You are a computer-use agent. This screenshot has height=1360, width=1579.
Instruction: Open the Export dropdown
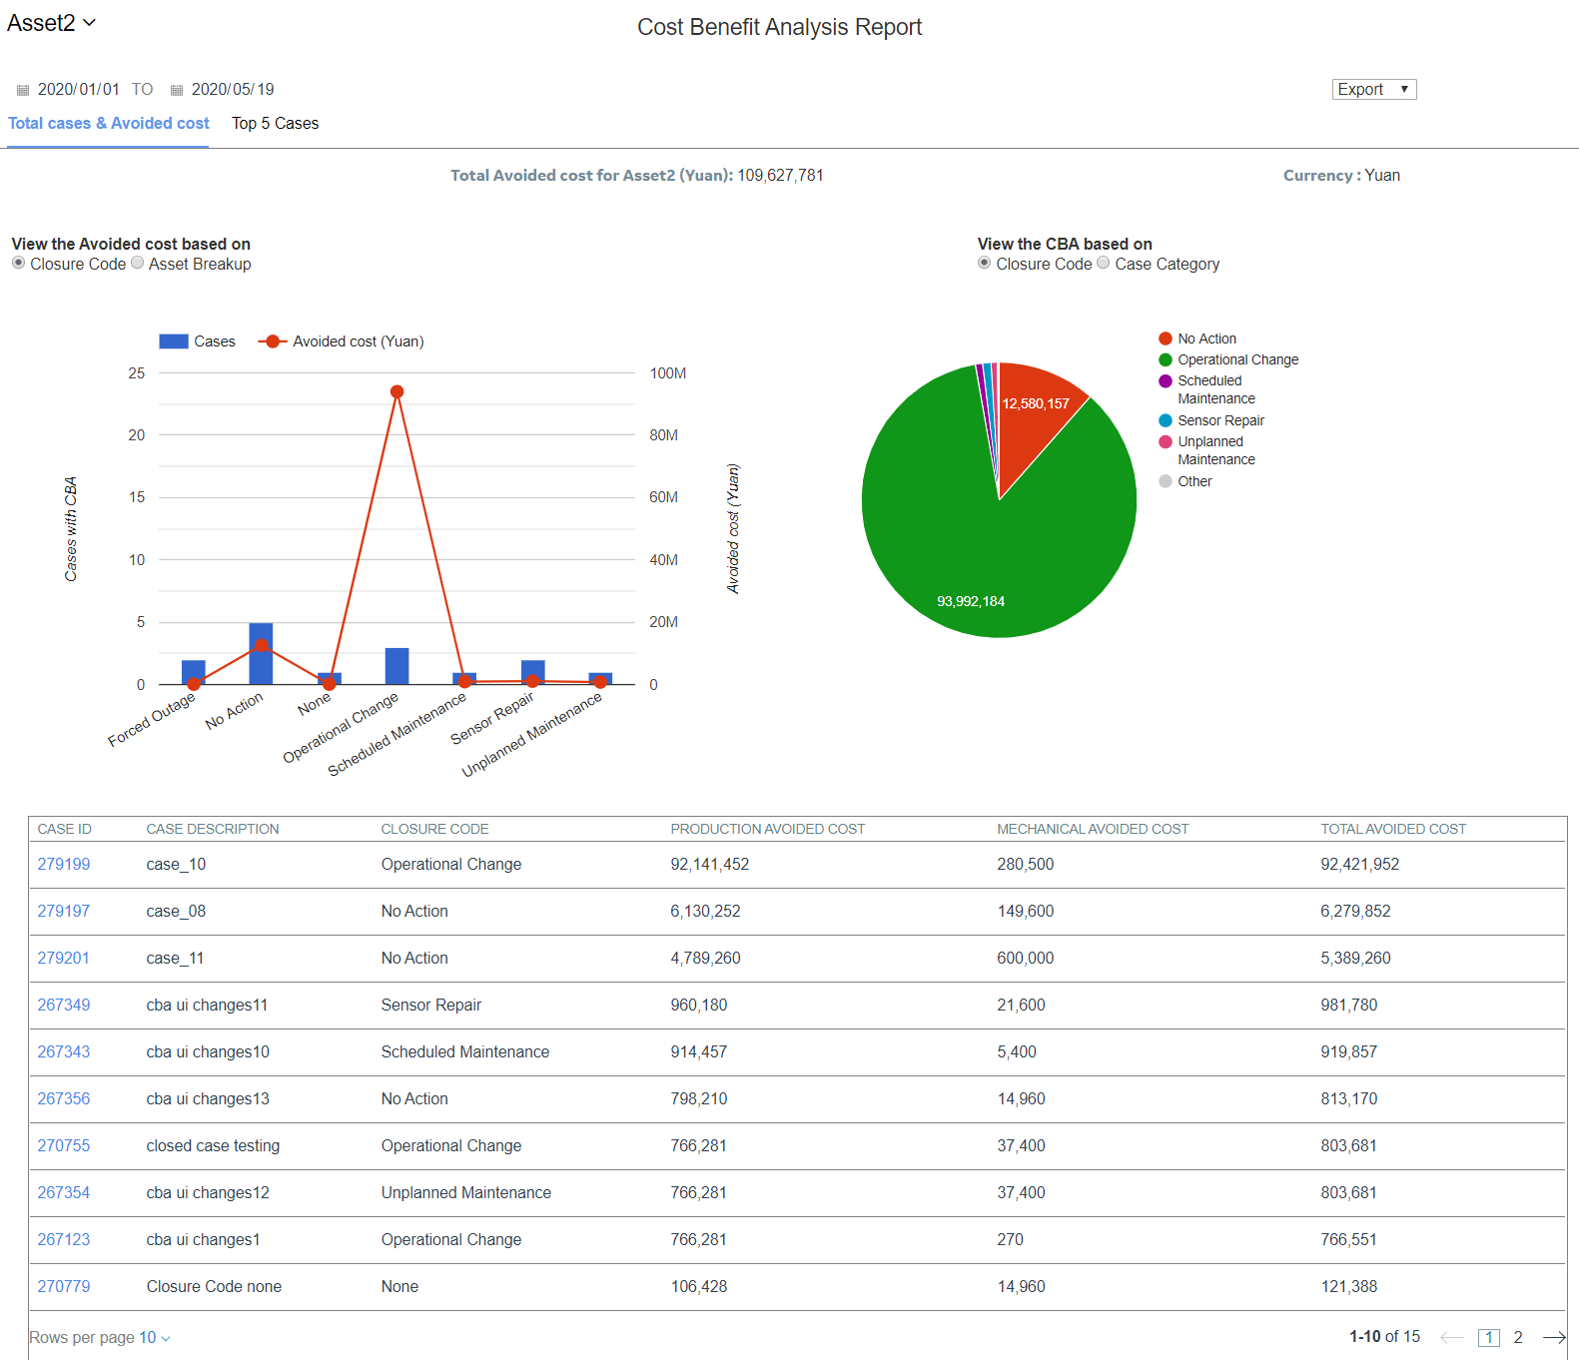[x=1373, y=90]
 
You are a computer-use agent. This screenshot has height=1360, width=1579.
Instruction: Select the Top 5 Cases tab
[x=275, y=124]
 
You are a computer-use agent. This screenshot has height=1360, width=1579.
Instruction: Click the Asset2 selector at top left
[x=51, y=23]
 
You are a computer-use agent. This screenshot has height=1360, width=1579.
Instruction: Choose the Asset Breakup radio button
[x=138, y=263]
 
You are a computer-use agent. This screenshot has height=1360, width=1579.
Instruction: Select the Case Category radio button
[x=1104, y=263]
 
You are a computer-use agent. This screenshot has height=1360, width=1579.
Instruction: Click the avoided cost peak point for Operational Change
[x=396, y=391]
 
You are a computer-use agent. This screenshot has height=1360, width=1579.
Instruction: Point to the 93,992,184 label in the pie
[x=970, y=601]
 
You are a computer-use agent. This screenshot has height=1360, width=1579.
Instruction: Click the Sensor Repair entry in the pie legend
[x=1219, y=420]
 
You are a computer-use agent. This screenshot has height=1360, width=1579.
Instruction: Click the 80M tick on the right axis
[x=663, y=435]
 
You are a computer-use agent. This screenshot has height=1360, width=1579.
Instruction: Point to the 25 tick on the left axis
[x=137, y=373]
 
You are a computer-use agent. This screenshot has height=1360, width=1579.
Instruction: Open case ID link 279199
[x=64, y=865]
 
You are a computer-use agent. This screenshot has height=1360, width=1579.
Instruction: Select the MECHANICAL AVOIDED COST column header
[x=1092, y=829]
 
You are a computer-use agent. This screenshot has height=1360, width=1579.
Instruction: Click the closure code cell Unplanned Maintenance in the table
[x=465, y=1193]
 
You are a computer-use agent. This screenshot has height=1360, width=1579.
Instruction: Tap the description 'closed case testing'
[x=213, y=1146]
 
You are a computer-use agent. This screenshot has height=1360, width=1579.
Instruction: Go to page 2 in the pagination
[x=1517, y=1338]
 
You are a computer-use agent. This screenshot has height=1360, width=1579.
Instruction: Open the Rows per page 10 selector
[x=100, y=1338]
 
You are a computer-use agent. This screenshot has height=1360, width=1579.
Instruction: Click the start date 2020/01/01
[x=78, y=90]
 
